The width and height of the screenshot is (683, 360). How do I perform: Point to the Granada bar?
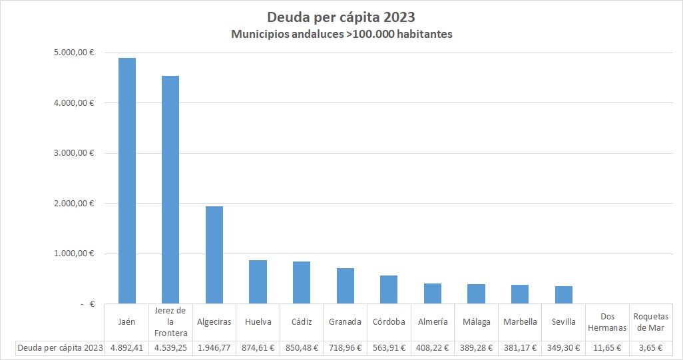(345, 286)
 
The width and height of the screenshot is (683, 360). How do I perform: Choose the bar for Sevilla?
(564, 295)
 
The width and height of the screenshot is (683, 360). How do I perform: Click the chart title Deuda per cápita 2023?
(341, 16)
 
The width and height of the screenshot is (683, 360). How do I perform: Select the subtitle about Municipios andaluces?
(341, 34)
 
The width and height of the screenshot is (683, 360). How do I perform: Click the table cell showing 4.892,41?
(126, 347)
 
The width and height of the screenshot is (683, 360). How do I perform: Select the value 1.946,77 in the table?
(214, 347)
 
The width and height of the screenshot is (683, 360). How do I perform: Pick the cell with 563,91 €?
(389, 347)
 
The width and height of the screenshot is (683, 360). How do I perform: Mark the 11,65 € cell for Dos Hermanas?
(607, 347)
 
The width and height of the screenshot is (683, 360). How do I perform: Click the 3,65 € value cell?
(651, 347)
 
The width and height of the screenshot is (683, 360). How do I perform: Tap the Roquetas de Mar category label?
(651, 322)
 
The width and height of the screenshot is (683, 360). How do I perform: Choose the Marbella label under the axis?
(520, 322)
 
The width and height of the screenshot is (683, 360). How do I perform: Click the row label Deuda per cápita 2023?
(60, 347)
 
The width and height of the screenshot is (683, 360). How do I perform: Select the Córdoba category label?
(389, 322)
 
